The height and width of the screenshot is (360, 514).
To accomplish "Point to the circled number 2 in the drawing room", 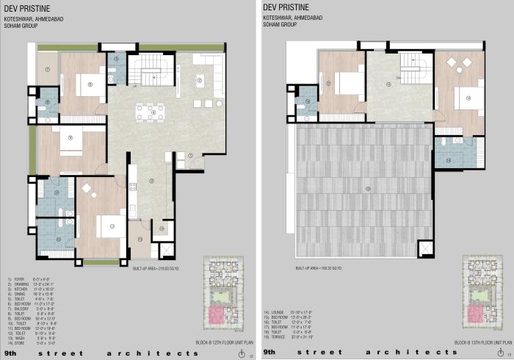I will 199,80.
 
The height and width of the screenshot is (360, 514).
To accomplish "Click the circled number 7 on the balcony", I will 46,70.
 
